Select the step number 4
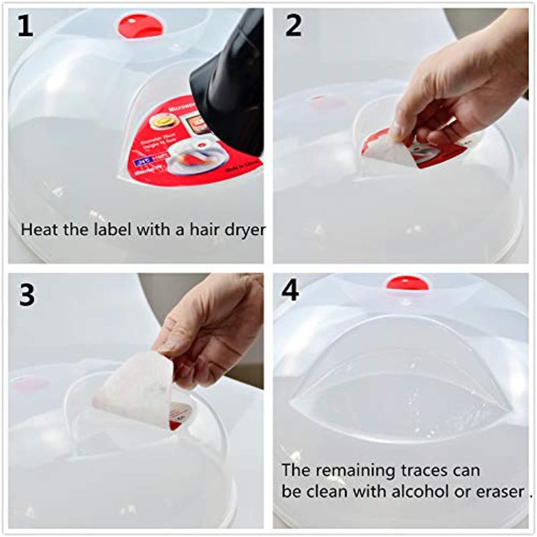[x=291, y=291]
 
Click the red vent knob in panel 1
[x=140, y=26]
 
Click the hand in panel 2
[x=456, y=87]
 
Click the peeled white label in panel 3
[x=134, y=389]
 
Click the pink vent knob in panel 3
[x=30, y=385]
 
